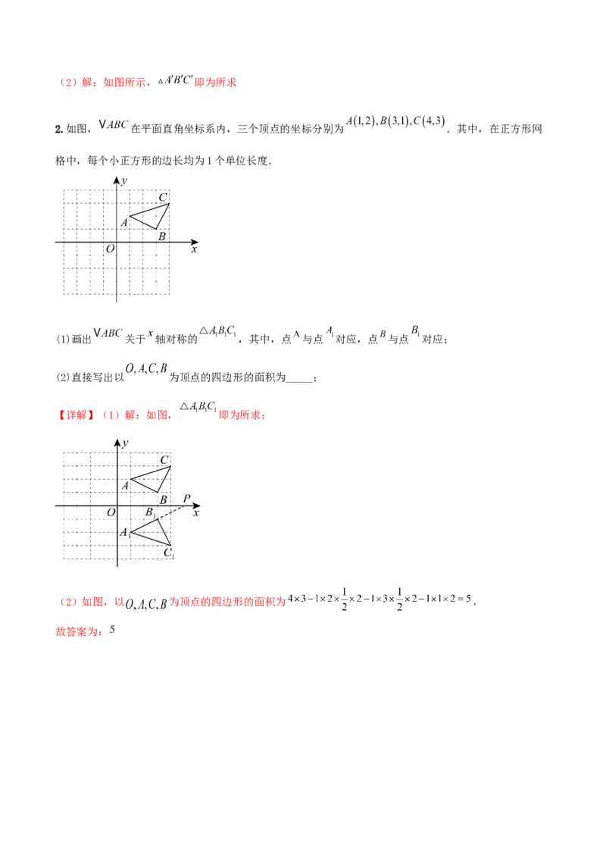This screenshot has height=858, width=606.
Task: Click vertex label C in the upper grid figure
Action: click(162, 199)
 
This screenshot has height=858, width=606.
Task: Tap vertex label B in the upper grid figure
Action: click(161, 236)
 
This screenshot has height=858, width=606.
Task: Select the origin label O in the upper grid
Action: click(110, 248)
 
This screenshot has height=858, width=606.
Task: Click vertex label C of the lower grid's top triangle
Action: click(164, 460)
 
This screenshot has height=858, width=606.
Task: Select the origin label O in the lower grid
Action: click(111, 512)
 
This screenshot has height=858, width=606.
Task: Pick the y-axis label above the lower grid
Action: click(125, 440)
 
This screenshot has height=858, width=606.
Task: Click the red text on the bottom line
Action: click(78, 631)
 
